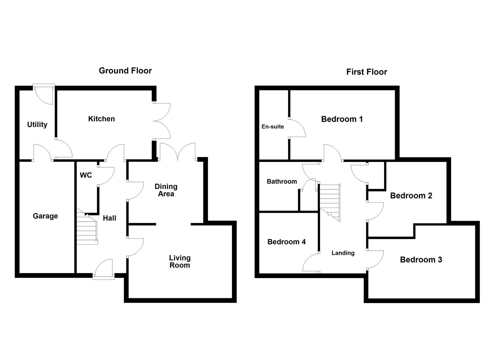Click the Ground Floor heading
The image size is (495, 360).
(125, 71)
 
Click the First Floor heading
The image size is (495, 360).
(366, 72)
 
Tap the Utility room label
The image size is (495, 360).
(37, 125)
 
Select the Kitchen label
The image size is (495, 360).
(101, 119)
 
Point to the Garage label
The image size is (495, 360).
(45, 216)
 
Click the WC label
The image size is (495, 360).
(86, 175)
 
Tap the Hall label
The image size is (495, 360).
(109, 218)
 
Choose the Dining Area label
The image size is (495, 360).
(166, 190)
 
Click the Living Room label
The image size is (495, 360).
(180, 261)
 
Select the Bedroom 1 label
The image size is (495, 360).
(342, 119)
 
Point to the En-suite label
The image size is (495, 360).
(273, 127)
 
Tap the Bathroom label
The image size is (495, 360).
(282, 182)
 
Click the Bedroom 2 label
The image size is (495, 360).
(411, 196)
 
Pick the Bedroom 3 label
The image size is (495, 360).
(421, 260)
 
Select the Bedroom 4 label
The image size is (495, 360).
(286, 242)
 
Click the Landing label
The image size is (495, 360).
(343, 253)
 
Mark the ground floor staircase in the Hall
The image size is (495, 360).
(87, 228)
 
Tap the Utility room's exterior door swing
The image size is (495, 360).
(44, 95)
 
